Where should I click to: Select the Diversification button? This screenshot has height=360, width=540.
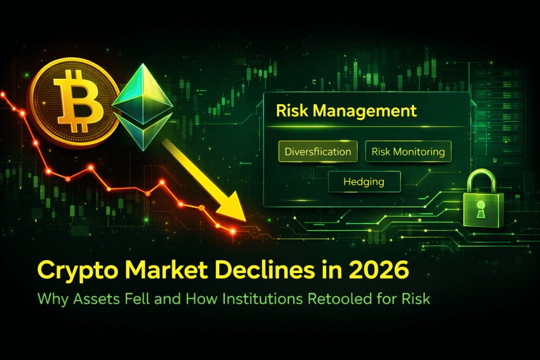318,152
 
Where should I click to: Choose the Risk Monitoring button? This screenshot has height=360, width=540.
408,152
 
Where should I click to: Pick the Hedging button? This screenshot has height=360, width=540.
364,181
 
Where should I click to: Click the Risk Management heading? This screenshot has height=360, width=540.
346,111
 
